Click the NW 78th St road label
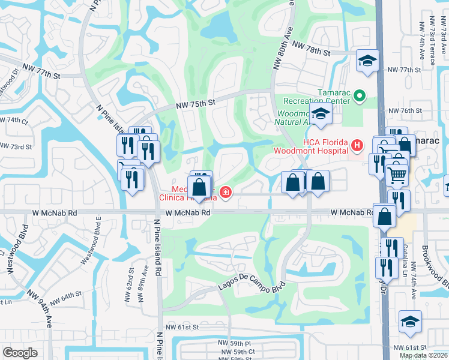coord(311,52)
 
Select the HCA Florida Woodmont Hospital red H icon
coord(357,145)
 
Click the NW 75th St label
coord(195,104)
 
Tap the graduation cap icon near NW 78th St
coord(367,60)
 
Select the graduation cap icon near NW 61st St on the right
coord(410,321)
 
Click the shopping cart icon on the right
coord(397,175)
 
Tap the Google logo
coord(20,353)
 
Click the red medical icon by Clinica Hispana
coord(226,193)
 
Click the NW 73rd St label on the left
coord(16,146)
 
